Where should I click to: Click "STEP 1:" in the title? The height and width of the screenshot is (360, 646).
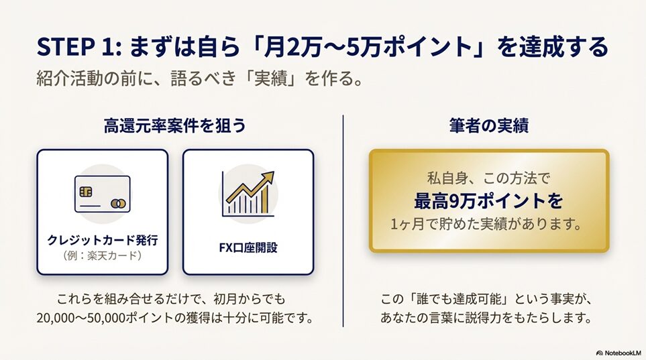[78, 46]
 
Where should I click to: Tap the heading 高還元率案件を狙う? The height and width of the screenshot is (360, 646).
[174, 125]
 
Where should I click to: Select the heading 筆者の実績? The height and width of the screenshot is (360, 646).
[489, 125]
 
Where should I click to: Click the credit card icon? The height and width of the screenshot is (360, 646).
[102, 194]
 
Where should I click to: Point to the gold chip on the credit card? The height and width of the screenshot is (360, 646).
[86, 192]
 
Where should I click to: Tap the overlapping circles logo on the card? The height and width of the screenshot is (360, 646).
[118, 203]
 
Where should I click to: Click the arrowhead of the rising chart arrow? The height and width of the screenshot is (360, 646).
[268, 177]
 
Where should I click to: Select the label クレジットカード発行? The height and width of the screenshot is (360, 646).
[102, 240]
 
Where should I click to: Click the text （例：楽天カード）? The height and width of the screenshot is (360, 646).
[102, 255]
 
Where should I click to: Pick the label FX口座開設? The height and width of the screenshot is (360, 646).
[248, 247]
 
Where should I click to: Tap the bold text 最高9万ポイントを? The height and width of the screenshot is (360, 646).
[488, 201]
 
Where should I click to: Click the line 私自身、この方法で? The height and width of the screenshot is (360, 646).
[488, 178]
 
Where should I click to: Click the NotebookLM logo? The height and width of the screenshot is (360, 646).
[618, 353]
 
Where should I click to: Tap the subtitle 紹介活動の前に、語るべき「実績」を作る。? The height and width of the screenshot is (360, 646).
[200, 78]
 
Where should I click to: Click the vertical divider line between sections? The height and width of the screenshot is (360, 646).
[343, 221]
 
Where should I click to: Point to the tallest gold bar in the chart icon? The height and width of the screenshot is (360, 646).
[265, 199]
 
